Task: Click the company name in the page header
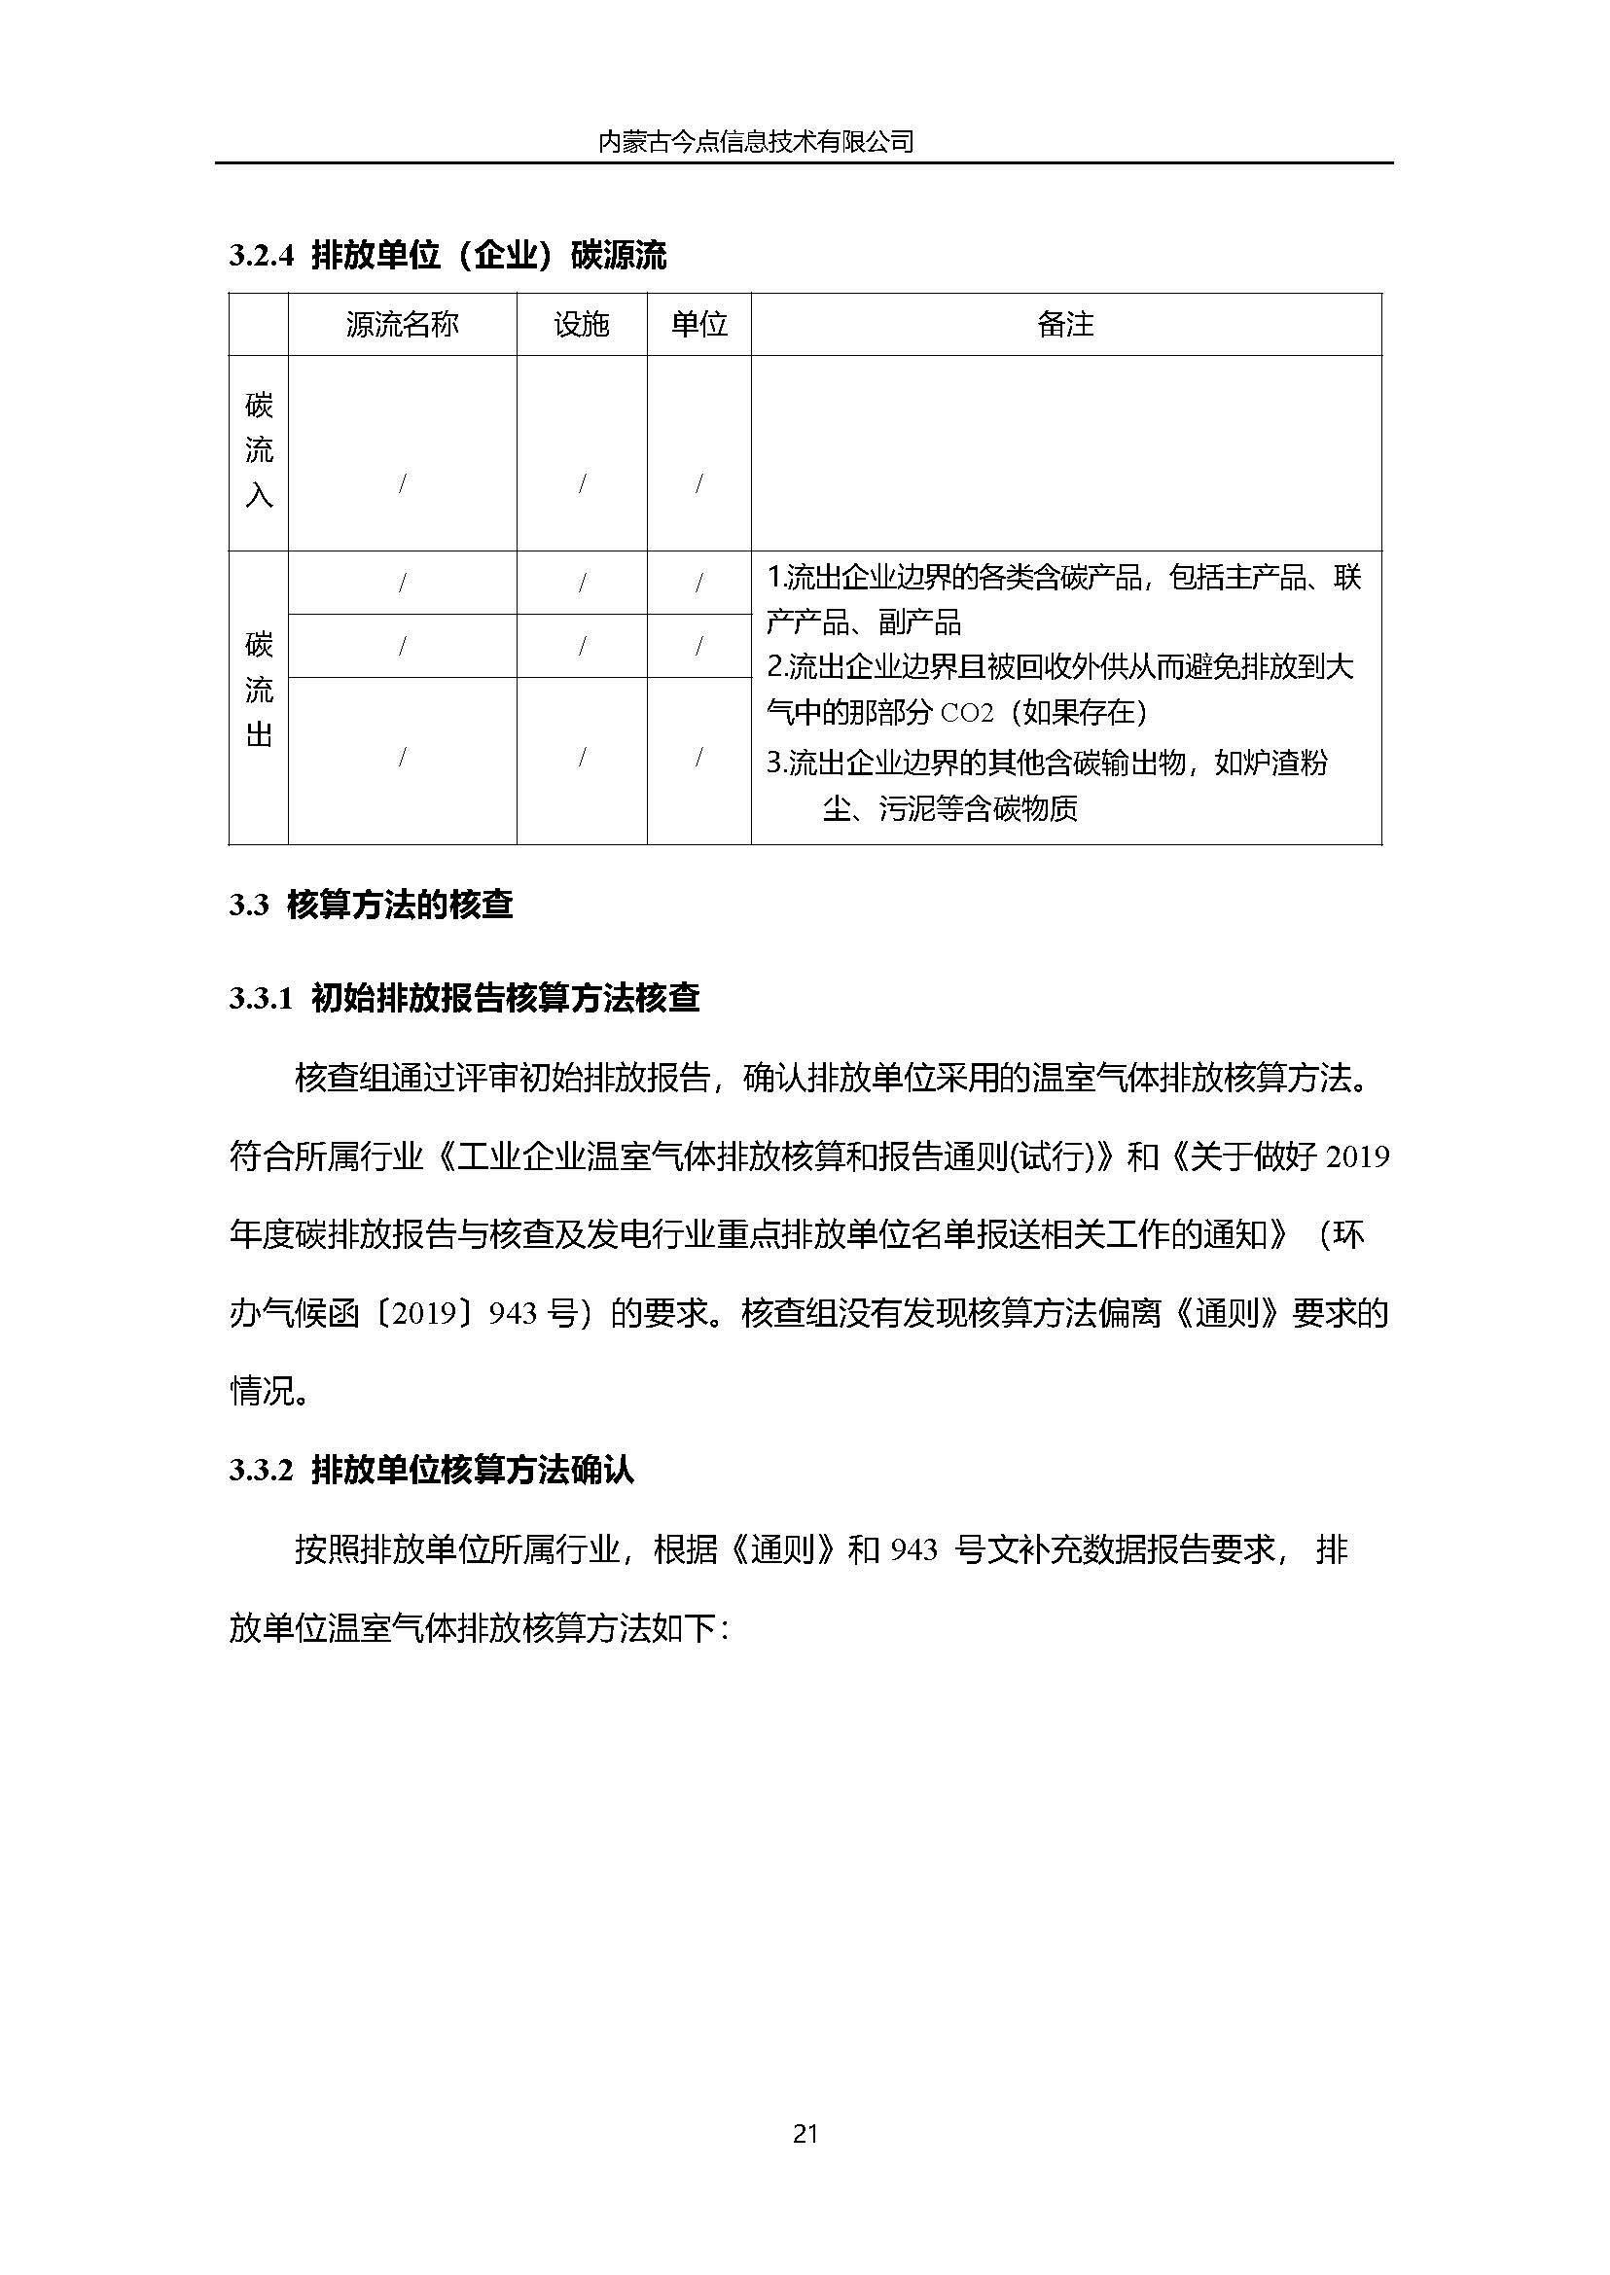[755, 142]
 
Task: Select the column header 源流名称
[402, 324]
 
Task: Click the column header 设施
[581, 324]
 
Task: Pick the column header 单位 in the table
[698, 324]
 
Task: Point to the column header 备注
[1065, 324]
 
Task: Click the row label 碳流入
[259, 450]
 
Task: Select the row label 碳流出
[259, 690]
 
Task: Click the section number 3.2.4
[262, 257]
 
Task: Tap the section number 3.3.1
[262, 998]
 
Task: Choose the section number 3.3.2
[262, 1470]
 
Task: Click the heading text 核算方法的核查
[400, 906]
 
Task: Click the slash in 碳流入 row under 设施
[582, 483]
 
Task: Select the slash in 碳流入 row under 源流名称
[402, 483]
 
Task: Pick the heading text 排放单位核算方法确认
[473, 1470]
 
